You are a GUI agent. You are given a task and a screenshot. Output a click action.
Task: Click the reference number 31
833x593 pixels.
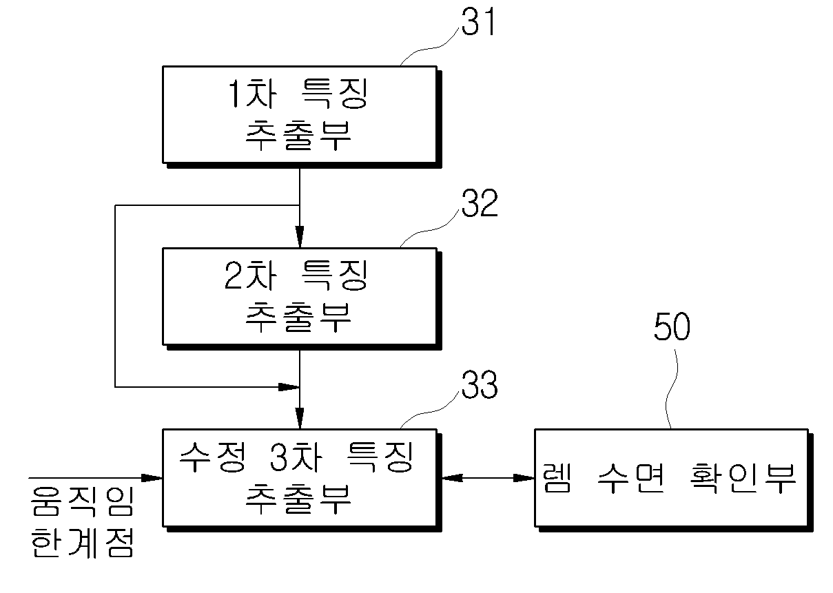click(x=478, y=21)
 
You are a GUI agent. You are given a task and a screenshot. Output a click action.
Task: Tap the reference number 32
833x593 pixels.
click(x=480, y=202)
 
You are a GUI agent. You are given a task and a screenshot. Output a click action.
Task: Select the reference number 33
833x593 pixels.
click(x=480, y=384)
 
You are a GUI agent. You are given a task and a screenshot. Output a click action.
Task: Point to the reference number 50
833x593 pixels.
click(x=672, y=326)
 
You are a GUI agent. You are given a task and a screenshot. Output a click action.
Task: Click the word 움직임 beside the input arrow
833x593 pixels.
click(x=82, y=501)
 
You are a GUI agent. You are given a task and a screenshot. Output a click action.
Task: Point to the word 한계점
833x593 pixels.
click(x=82, y=543)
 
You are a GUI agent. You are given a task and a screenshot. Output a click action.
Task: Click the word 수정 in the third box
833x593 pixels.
click(x=212, y=457)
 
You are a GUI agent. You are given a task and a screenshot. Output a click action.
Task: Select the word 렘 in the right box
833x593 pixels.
click(x=556, y=479)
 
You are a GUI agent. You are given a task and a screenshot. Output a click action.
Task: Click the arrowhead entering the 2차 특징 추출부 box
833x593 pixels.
click(x=300, y=236)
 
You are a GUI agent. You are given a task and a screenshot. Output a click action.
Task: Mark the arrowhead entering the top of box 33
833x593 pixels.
click(x=300, y=418)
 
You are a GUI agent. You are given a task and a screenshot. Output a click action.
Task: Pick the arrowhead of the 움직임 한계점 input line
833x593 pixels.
click(x=152, y=478)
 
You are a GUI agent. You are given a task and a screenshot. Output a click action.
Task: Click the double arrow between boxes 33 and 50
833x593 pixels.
click(x=489, y=478)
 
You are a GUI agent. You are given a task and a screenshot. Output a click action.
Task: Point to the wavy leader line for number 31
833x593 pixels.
click(x=431, y=47)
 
